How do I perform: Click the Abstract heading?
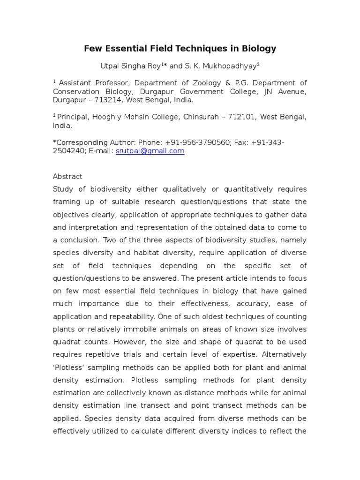(x=67, y=176)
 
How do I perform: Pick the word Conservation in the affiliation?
(x=75, y=91)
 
